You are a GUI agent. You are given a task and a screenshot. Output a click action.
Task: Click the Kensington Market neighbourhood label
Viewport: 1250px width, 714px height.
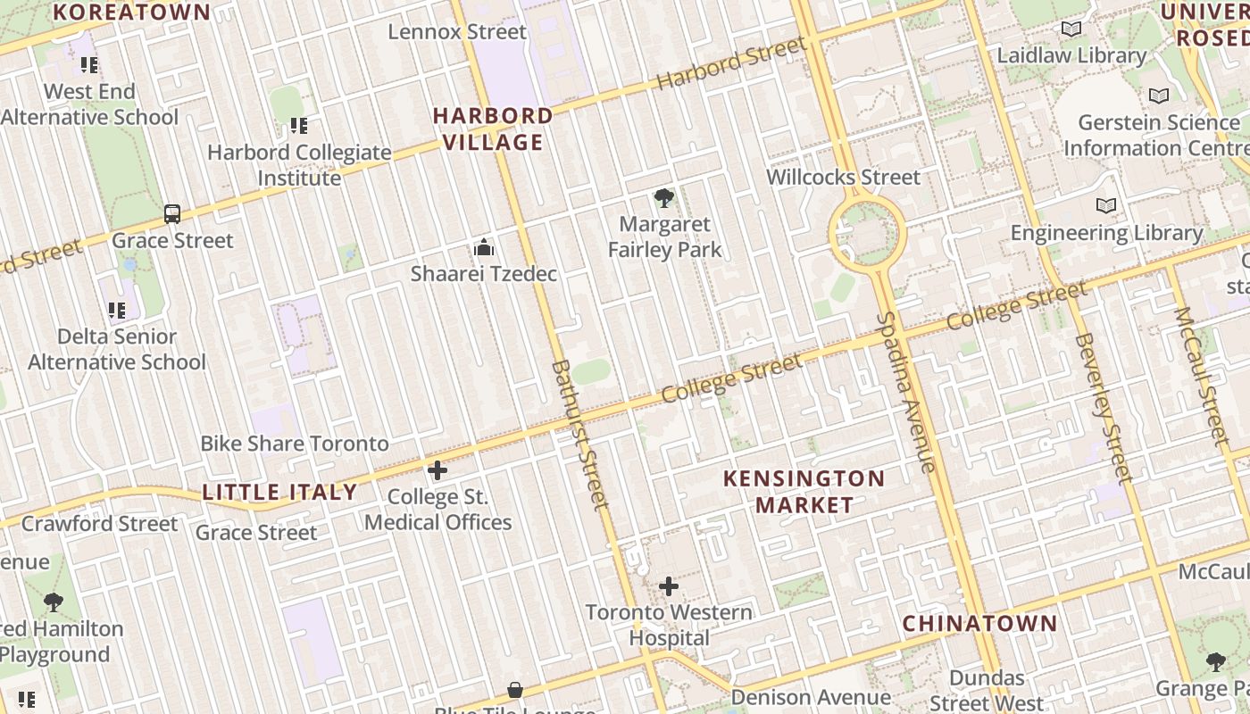tap(804, 491)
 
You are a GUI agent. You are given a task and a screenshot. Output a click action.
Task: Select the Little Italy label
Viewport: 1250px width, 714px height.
tap(279, 492)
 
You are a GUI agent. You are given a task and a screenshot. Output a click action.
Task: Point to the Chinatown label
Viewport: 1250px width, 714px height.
tap(979, 623)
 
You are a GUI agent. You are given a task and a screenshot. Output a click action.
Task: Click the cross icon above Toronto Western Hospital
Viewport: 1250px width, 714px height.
tap(669, 586)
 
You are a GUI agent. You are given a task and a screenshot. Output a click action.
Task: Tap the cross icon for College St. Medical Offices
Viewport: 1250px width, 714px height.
tap(437, 470)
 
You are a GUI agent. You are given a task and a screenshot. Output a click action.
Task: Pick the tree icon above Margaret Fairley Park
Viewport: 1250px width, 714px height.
tap(663, 198)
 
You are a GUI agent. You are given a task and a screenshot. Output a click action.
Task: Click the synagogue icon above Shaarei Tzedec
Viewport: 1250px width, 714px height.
tap(484, 247)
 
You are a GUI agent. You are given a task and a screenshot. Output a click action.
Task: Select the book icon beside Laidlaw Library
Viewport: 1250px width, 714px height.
tap(1071, 29)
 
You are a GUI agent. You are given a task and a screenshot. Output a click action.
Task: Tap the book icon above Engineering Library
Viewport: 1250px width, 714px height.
tap(1106, 206)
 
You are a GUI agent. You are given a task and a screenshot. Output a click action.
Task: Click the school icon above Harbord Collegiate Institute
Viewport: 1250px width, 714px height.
tap(299, 126)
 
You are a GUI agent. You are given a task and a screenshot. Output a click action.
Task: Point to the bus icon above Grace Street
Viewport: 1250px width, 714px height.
tap(172, 214)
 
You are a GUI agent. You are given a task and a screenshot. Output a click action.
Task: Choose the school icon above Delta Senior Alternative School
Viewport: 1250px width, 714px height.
tap(117, 311)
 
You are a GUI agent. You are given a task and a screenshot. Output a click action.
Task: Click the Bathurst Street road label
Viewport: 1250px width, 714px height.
tap(580, 435)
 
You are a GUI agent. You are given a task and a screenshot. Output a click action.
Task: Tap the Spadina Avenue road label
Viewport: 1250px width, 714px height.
tap(905, 393)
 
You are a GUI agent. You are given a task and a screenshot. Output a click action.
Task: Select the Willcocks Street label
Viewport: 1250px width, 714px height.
tap(843, 177)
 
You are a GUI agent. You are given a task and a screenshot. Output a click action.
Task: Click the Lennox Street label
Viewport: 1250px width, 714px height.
tap(457, 32)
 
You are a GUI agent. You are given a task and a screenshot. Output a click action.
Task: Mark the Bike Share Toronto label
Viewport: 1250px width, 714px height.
tap(295, 444)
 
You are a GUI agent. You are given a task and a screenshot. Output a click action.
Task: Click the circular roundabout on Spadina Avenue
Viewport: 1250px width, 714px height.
tap(868, 235)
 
